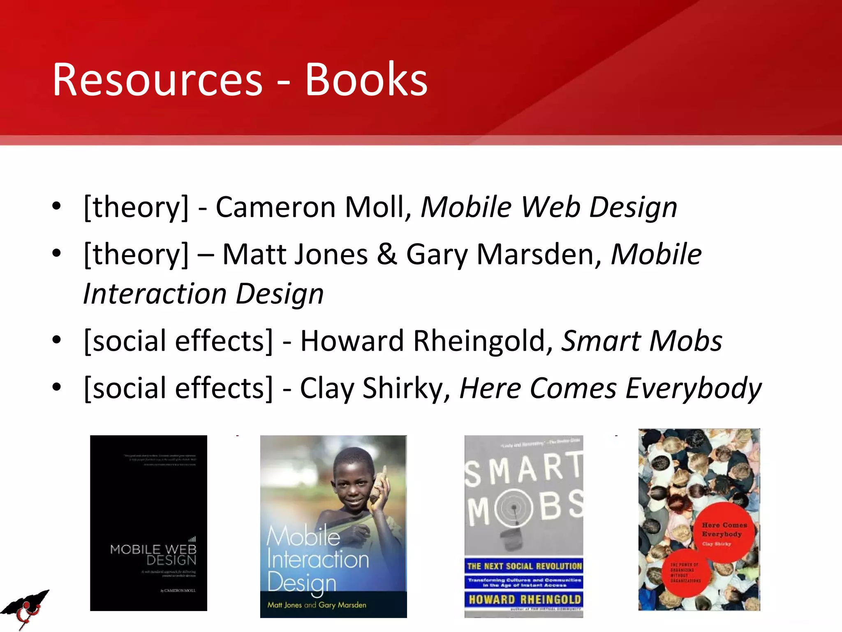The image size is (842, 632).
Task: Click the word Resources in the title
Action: point(157,80)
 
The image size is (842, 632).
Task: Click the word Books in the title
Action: point(366,80)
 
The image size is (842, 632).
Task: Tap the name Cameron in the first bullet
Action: point(275,207)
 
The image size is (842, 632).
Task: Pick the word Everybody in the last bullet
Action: point(693,388)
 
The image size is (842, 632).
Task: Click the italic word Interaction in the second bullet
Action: point(155,294)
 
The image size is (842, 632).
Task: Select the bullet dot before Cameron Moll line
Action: point(56,206)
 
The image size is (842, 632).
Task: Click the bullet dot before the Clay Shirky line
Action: point(56,387)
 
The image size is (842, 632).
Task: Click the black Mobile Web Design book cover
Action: point(148,523)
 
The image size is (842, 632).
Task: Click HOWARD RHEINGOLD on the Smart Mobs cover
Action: point(525,599)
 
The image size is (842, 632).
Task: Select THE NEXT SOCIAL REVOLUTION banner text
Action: point(525,566)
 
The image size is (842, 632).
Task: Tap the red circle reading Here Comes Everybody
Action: point(724,531)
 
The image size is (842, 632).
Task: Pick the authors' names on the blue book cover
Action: point(317,605)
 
